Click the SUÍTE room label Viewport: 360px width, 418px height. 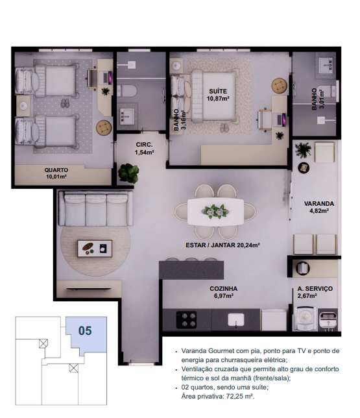click(x=218, y=91)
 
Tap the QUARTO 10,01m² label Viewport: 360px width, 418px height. click(x=56, y=173)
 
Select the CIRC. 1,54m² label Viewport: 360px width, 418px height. click(x=144, y=149)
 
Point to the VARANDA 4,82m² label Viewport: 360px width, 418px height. click(x=319, y=207)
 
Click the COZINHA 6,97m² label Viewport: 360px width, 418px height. click(x=223, y=292)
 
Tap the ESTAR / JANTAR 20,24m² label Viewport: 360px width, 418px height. click(x=222, y=245)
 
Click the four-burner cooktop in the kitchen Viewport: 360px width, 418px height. click(x=186, y=319)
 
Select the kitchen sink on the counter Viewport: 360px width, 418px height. click(x=236, y=320)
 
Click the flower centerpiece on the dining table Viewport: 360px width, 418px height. click(x=215, y=212)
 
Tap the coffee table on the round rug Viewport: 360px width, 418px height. click(x=95, y=249)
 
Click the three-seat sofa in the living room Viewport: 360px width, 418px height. click(x=96, y=208)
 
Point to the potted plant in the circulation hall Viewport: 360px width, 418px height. click(x=128, y=173)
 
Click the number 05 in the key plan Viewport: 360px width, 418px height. click(x=85, y=331)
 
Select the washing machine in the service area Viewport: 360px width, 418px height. click(x=305, y=319)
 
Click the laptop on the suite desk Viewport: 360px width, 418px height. click(x=281, y=119)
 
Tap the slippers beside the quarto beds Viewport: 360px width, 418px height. click(x=65, y=103)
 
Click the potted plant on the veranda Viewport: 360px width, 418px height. click(x=303, y=150)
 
